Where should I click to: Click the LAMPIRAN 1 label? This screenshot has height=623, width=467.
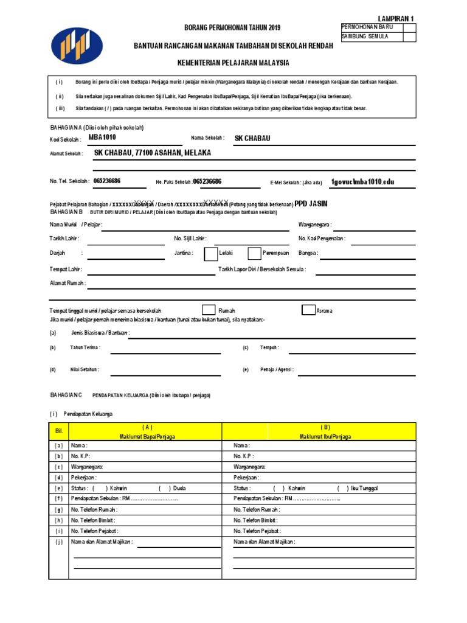396,19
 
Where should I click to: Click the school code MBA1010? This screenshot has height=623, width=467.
102,137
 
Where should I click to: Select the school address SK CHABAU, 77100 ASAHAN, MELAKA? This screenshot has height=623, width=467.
153,153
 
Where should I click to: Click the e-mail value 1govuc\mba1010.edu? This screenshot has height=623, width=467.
362,182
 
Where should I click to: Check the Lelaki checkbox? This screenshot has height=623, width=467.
210,253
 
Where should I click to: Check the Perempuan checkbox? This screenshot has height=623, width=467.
254,253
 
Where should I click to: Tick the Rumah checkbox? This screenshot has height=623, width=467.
208,310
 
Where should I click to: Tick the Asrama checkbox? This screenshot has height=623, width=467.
308,310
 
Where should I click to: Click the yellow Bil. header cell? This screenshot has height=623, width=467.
59,431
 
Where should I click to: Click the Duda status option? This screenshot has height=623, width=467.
179,488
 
